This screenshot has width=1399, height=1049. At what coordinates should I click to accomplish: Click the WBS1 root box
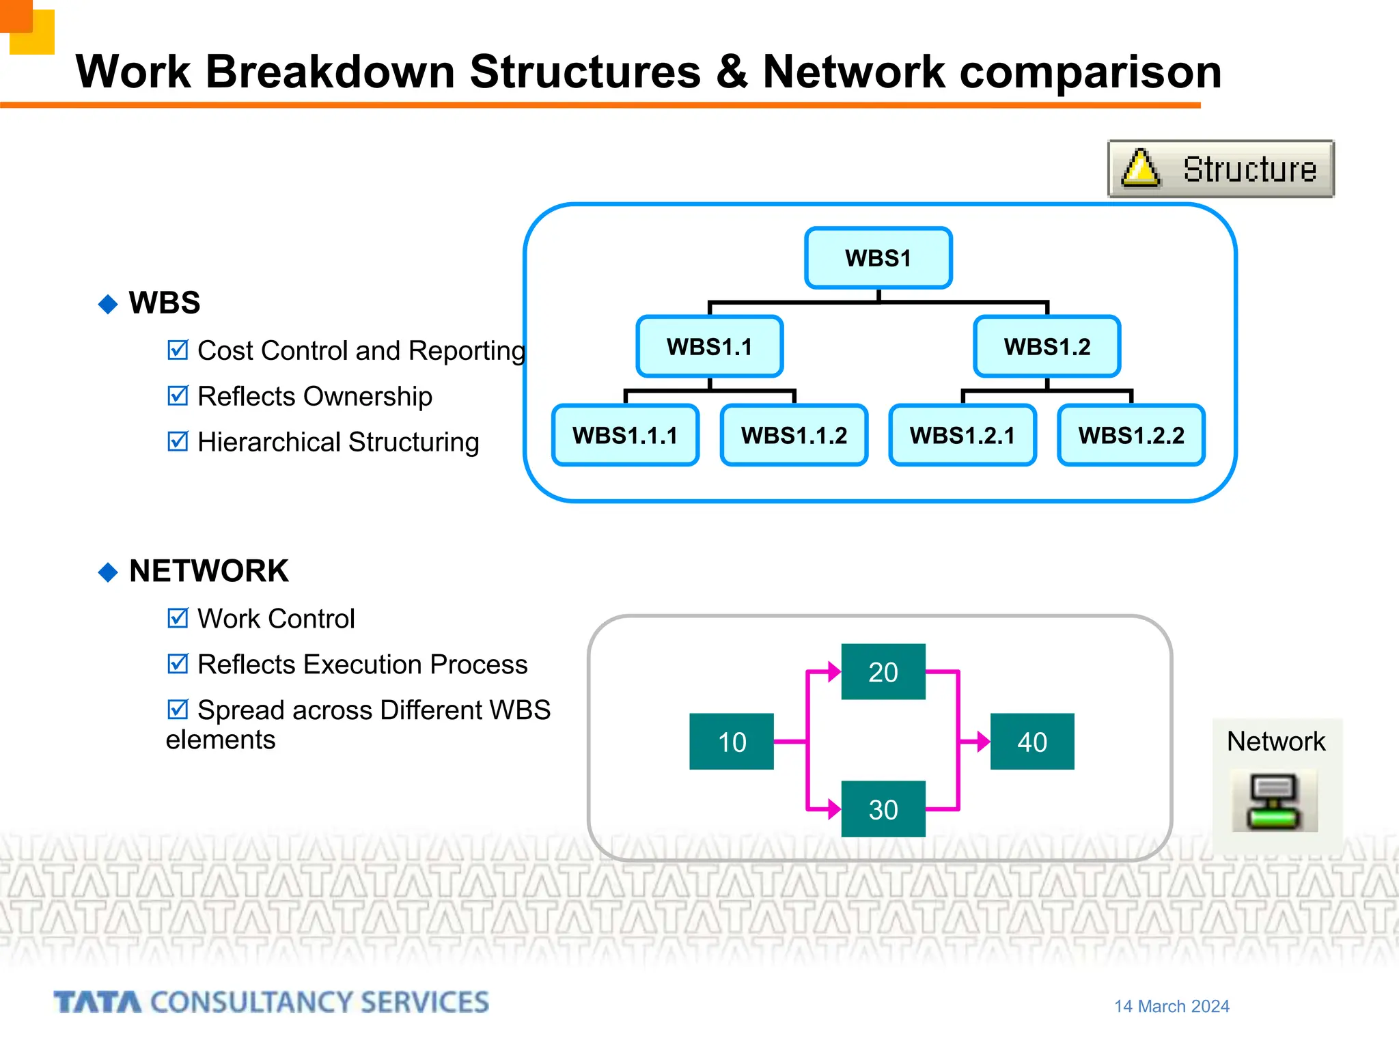point(878,258)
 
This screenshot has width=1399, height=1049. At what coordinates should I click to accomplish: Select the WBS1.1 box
point(709,346)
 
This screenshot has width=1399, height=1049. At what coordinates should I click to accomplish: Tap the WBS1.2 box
point(1047,346)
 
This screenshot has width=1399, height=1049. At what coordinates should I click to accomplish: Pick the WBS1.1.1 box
point(625,435)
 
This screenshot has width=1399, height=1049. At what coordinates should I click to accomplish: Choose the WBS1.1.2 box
point(794,435)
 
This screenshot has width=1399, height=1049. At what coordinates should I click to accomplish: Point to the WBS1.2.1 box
point(962,435)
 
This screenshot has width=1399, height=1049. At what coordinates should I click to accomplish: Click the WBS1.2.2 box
point(1131,435)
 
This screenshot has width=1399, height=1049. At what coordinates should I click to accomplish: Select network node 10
point(732,742)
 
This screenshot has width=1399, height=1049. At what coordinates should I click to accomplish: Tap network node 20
point(883,672)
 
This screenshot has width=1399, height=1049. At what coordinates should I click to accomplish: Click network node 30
point(883,809)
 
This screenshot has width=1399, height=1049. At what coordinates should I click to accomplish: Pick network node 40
point(1031,742)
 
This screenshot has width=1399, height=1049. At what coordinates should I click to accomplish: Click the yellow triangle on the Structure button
point(1140,169)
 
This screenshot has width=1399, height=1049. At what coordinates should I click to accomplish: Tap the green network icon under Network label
point(1274,802)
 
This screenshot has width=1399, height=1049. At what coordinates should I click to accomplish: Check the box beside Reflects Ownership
point(178,395)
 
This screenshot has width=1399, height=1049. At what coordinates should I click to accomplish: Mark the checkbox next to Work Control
point(178,618)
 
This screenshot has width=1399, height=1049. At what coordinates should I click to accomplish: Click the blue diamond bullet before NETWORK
point(108,572)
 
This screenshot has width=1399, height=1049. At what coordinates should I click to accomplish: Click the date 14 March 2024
point(1172,1006)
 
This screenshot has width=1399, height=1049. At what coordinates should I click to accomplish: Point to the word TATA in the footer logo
point(98,1003)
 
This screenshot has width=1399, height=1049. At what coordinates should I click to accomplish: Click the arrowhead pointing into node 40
point(983,742)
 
